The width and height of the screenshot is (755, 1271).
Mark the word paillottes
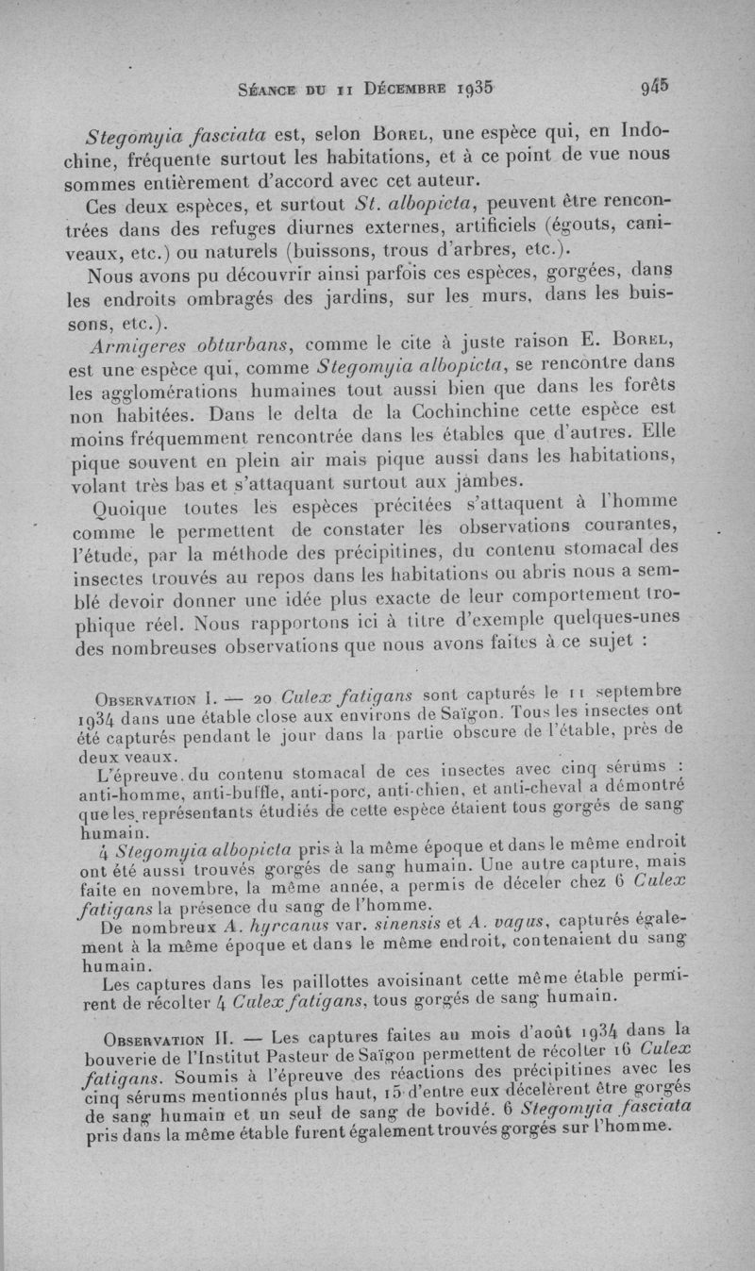pos(323,981)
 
